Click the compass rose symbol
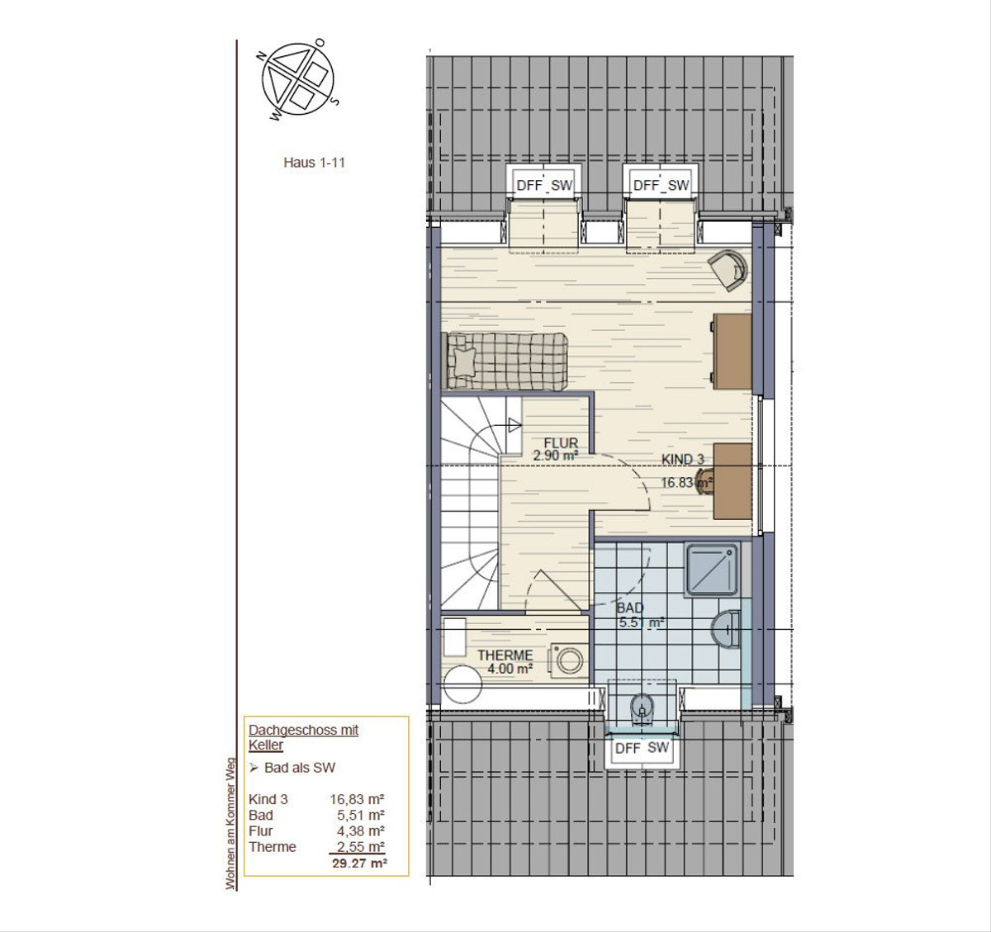click(x=298, y=79)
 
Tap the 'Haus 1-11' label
click(x=314, y=163)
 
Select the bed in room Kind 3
click(x=505, y=362)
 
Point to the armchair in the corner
click(x=728, y=270)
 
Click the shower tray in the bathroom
click(x=712, y=570)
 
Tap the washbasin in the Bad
click(x=726, y=630)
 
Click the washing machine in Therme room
click(x=568, y=660)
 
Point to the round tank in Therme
click(x=462, y=684)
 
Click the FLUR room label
click(x=561, y=442)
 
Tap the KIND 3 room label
click(x=682, y=460)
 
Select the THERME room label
click(x=505, y=655)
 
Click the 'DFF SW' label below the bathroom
click(x=642, y=748)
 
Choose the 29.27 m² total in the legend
click(x=359, y=863)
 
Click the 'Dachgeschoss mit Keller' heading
click(x=303, y=737)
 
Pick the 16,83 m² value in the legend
click(x=357, y=799)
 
